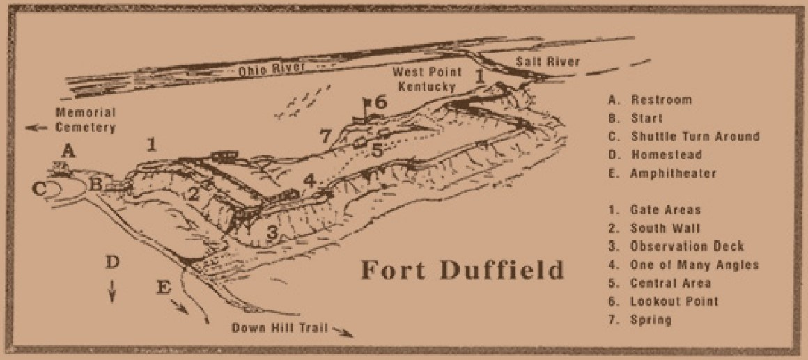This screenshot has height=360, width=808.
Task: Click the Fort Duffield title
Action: pos(461,269)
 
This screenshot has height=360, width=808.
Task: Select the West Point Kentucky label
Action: pos(423,79)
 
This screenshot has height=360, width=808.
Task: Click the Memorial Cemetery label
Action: pos(86,120)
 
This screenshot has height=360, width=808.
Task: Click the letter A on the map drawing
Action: pos(68,150)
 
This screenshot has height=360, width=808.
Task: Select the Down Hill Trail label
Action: pos(276,328)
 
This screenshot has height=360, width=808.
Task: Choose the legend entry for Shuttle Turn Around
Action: pos(683,136)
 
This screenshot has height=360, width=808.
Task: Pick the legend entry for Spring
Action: pos(640,320)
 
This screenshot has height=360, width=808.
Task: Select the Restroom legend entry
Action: pos(650,100)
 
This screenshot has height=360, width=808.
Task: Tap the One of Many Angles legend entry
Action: pos(683,265)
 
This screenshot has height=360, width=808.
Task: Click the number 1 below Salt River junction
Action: pos(479,76)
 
